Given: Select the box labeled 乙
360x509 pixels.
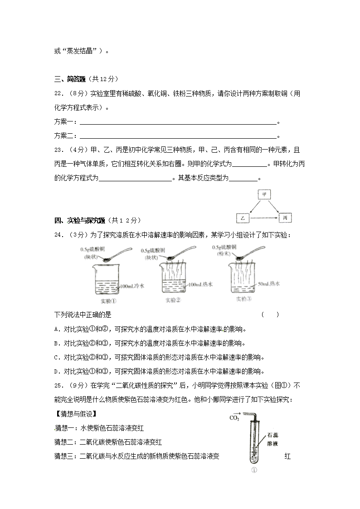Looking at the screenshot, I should tap(243, 218).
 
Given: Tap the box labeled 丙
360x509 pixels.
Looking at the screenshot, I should tap(285, 218).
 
